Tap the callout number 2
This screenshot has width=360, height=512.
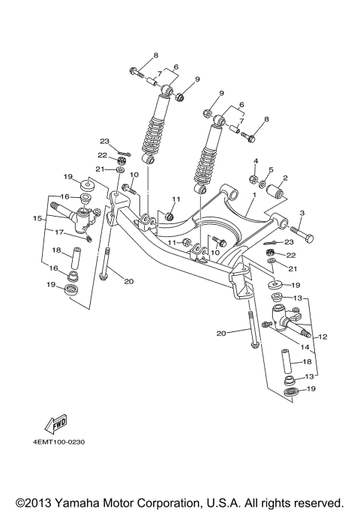click(285, 178)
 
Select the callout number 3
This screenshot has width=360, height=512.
click(302, 214)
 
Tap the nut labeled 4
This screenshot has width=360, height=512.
click(254, 179)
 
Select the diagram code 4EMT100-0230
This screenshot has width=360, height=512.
click(58, 442)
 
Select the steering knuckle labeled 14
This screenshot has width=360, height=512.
click(291, 319)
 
